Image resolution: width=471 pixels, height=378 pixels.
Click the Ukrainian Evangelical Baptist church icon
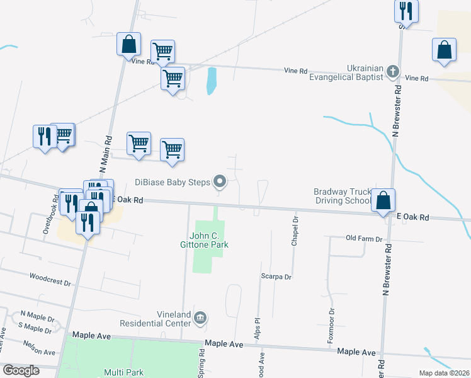(392, 71)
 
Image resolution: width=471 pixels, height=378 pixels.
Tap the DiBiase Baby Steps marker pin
(220, 182)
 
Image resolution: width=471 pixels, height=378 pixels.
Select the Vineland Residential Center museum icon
(200, 317)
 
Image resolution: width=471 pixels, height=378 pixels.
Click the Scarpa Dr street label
(276, 276)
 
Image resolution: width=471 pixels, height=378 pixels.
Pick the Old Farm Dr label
(364, 239)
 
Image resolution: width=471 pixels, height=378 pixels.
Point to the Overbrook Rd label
(51, 214)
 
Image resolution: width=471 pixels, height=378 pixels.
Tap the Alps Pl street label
(257, 333)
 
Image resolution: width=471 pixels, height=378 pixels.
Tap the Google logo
(20, 370)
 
